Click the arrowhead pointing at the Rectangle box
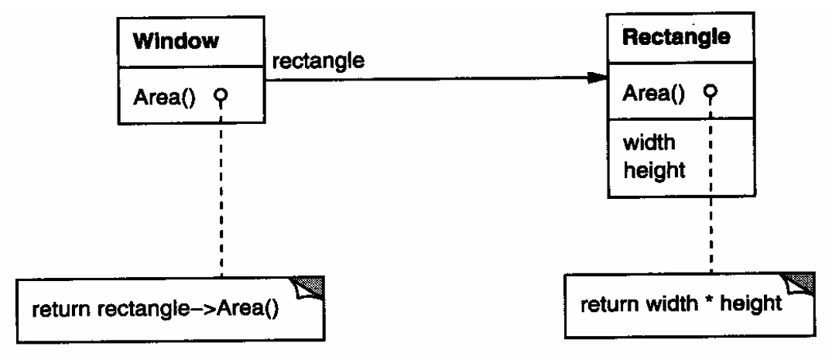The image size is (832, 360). pyautogui.click(x=596, y=77)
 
